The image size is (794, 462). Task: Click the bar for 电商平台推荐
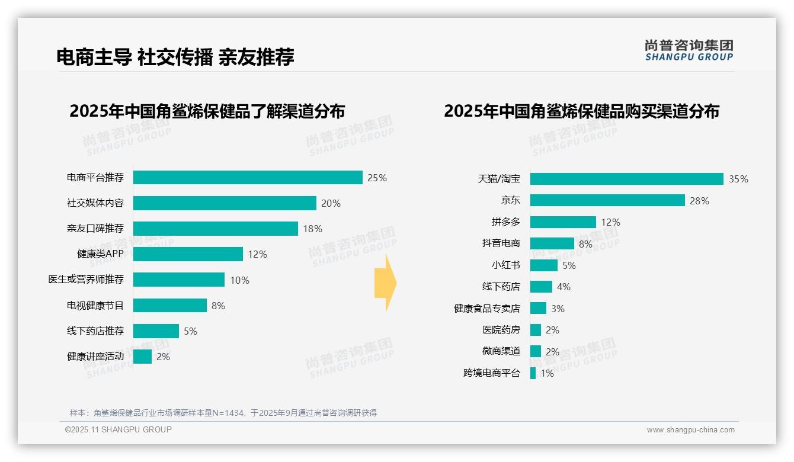pyautogui.click(x=248, y=178)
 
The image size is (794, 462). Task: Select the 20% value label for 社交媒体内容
pyautogui.click(x=331, y=203)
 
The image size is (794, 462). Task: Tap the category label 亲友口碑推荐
pyautogui.click(x=95, y=229)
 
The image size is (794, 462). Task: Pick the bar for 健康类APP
pyautogui.click(x=188, y=254)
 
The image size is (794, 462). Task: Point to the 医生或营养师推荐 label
pyautogui.click(x=86, y=280)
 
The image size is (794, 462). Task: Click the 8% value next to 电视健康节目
pyautogui.click(x=218, y=306)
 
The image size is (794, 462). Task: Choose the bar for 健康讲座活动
pyautogui.click(x=142, y=357)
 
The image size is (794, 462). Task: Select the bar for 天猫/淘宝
pyautogui.click(x=626, y=179)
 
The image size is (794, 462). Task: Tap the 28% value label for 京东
pyautogui.click(x=699, y=201)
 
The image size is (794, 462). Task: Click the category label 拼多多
pyautogui.click(x=505, y=222)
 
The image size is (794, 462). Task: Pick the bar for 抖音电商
pyautogui.click(x=552, y=243)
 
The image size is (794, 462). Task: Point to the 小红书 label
pyautogui.click(x=505, y=265)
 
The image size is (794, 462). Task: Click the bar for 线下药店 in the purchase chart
pyautogui.click(x=541, y=287)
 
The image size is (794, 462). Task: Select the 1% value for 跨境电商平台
pyautogui.click(x=547, y=373)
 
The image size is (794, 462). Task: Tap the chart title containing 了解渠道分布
pyautogui.click(x=207, y=111)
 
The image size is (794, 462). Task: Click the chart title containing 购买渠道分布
pyautogui.click(x=581, y=111)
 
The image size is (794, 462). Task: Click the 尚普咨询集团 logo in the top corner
pyautogui.click(x=689, y=50)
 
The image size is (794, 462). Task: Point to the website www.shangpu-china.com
pyautogui.click(x=690, y=430)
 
